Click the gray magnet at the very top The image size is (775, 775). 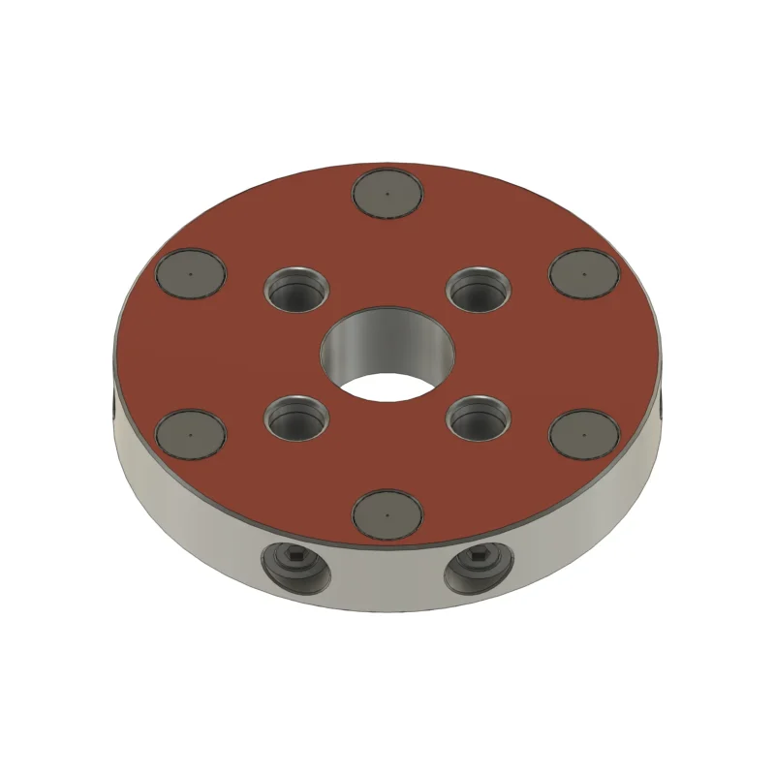point(387,193)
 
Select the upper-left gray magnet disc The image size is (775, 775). point(191,272)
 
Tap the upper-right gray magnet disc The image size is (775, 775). point(583,272)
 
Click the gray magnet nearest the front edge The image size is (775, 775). point(387,512)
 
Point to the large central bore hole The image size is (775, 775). point(387,354)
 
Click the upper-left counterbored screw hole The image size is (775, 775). point(296,290)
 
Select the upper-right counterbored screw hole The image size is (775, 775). point(479,290)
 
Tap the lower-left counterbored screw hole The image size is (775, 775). point(296,418)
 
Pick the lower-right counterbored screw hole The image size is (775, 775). point(479,418)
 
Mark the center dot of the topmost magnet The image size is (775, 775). point(387,193)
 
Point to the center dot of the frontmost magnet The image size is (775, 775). point(387,512)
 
